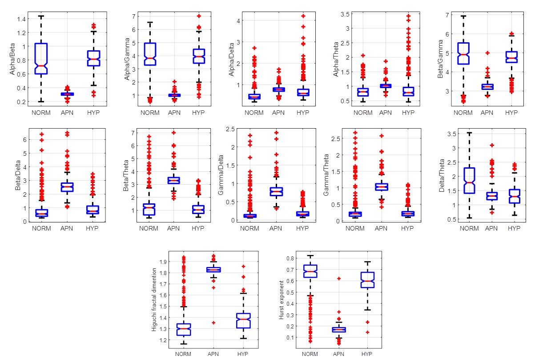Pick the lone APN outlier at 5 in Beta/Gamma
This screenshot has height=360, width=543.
[x=488, y=53]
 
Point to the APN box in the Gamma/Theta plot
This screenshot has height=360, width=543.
[x=382, y=186]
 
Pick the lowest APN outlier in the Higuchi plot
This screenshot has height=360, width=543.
[x=213, y=323]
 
